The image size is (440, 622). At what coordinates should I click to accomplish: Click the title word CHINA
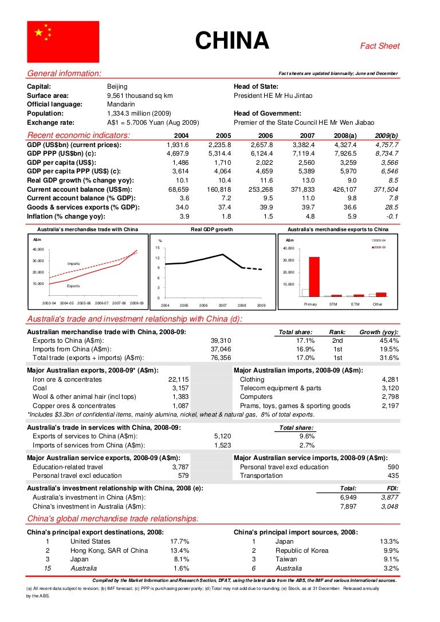[232, 41]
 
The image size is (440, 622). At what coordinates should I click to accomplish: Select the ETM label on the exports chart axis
[356, 304]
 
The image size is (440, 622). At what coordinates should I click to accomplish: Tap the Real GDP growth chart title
[212, 229]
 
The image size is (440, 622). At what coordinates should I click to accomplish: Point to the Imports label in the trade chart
[73, 263]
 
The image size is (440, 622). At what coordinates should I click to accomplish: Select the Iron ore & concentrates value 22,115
[178, 379]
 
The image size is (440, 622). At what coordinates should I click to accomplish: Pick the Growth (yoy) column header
[379, 332]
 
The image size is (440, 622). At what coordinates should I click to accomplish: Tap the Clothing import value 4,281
[390, 379]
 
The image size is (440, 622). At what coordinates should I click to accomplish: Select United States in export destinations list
[91, 541]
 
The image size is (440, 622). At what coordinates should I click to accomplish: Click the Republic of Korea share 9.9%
[390, 550]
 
